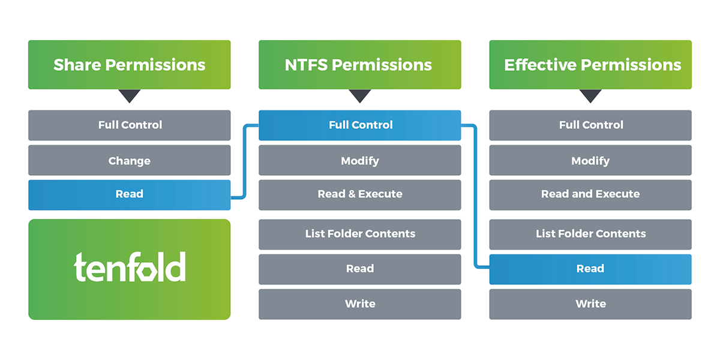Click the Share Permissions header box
(130, 65)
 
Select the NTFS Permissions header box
(360, 65)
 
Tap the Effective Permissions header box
(590, 65)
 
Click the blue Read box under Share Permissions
(130, 195)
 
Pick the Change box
(130, 160)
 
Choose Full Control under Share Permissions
(130, 125)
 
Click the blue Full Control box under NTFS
(360, 125)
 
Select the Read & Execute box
(360, 195)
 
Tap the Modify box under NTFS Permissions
(360, 160)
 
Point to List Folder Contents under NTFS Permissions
(360, 235)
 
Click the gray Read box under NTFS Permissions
(360, 269)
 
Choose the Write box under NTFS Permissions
(360, 304)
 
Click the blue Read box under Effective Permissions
(590, 269)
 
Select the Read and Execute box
(590, 195)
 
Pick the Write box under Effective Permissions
(590, 304)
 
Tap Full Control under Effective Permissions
(590, 125)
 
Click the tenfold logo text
(130, 267)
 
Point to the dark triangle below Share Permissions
(130, 95)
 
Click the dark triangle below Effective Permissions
(590, 95)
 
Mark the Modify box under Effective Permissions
(590, 160)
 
